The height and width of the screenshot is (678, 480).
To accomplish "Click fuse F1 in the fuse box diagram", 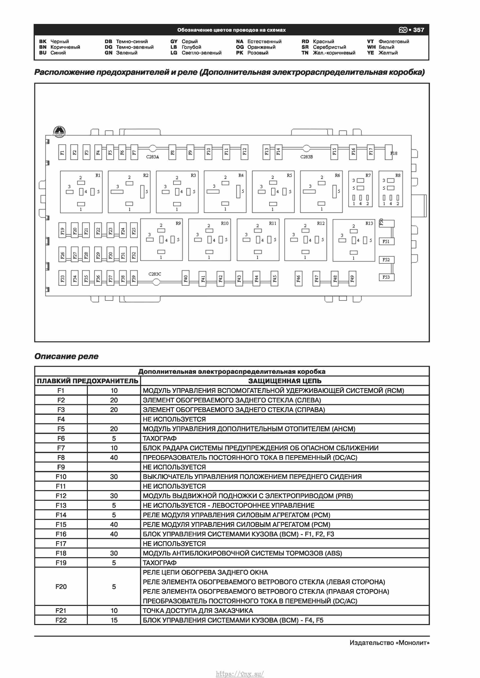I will click(x=62, y=152).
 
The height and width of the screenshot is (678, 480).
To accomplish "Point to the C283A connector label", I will click(x=152, y=157).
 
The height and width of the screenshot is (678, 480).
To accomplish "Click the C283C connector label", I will click(x=155, y=274).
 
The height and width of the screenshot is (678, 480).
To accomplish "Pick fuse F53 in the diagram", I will click(x=386, y=277).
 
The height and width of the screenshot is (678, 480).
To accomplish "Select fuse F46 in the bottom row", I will click(x=299, y=278).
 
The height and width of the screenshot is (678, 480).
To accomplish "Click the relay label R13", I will click(x=369, y=224).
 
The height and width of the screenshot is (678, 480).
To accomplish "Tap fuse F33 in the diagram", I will click(x=62, y=278).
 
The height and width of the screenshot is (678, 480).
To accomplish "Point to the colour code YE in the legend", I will click(x=370, y=53).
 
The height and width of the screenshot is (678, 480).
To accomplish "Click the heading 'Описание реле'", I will click(x=66, y=356).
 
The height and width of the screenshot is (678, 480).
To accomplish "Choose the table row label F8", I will click(x=61, y=457).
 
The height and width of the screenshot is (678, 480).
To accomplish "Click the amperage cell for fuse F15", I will click(x=114, y=525).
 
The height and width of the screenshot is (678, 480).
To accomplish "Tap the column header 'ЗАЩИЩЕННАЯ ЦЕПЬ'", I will click(x=285, y=381).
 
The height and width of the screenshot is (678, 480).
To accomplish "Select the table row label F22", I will click(x=61, y=620).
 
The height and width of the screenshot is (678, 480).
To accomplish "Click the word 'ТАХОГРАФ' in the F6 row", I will click(x=160, y=438).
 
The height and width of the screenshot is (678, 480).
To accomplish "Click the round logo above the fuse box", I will click(x=60, y=132).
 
